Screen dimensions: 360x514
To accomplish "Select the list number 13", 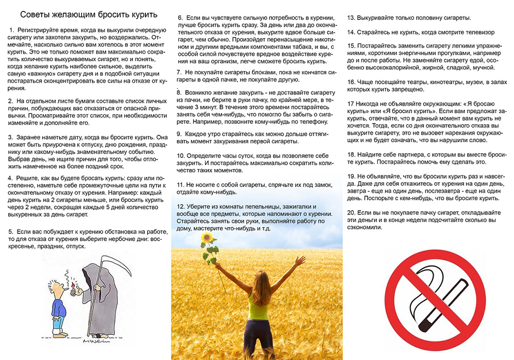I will pos(352,18).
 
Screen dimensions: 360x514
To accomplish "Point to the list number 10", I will pos(182,156).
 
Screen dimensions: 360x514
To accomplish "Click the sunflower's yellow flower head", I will pos(207,239).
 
